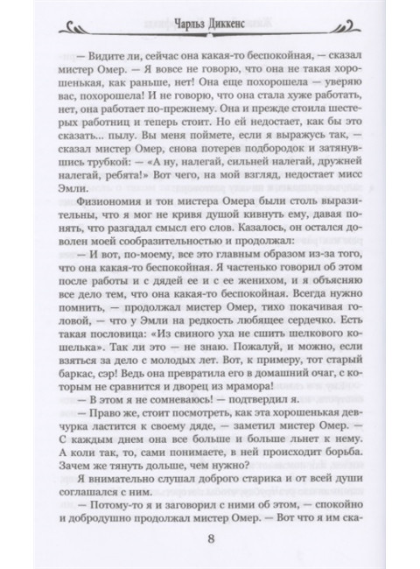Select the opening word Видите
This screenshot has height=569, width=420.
pos(122,54)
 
